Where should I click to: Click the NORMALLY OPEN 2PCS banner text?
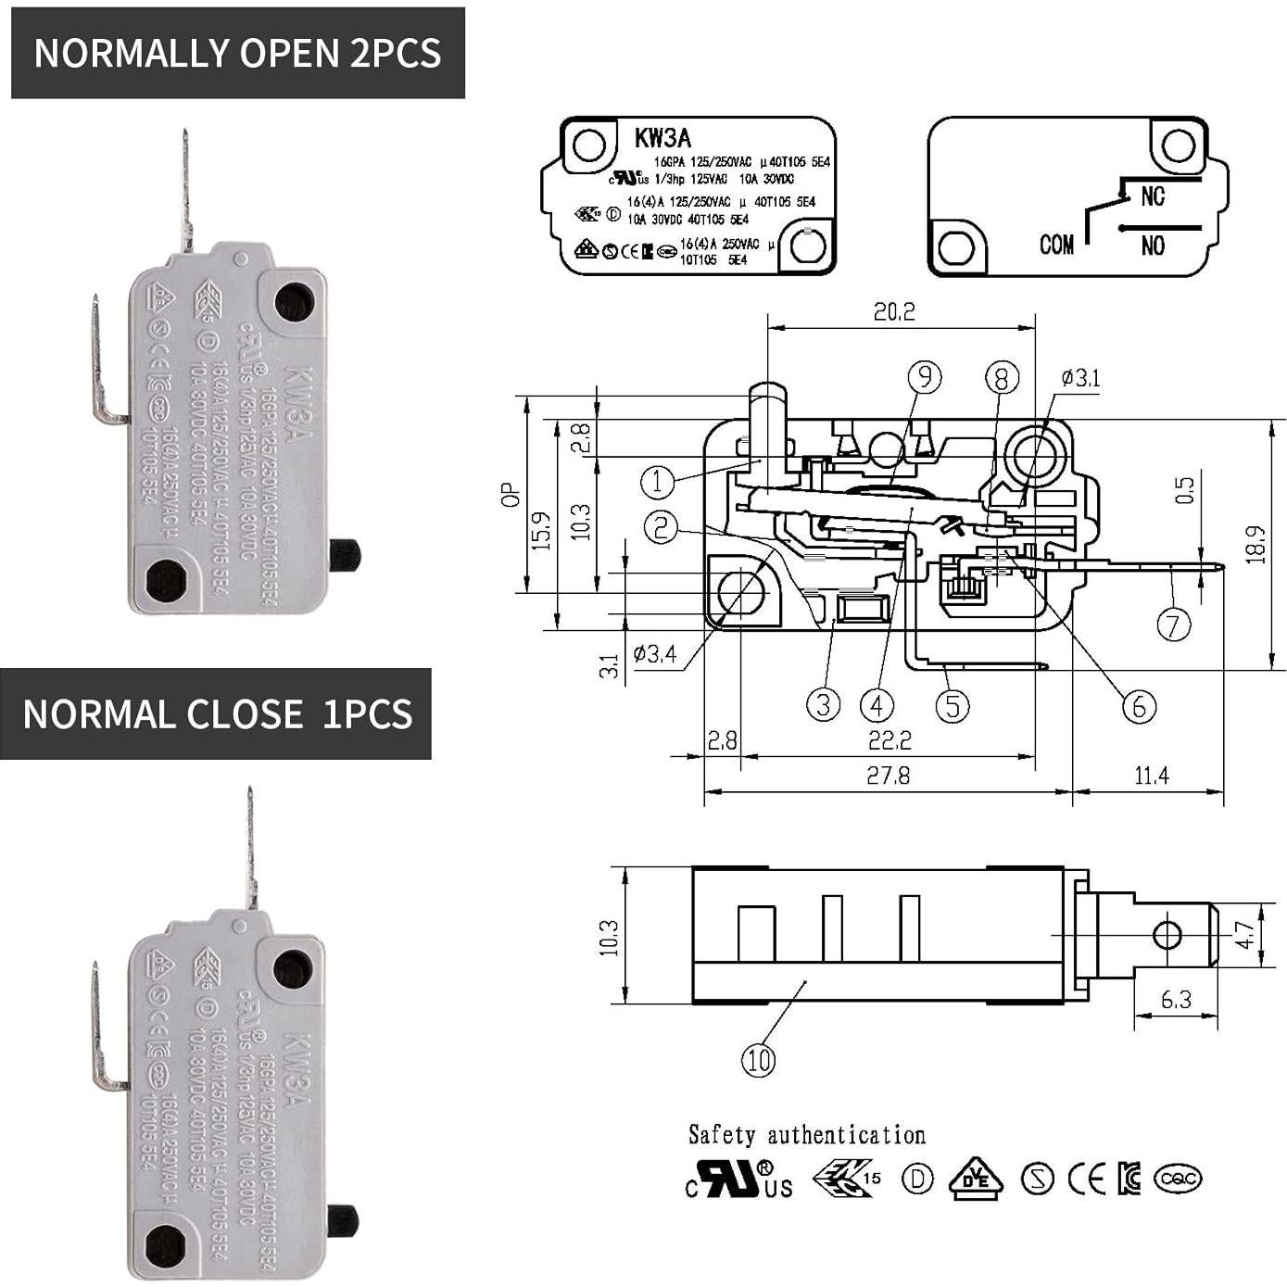click(x=237, y=53)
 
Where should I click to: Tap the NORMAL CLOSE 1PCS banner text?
click(x=217, y=714)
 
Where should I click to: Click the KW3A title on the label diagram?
click(x=662, y=138)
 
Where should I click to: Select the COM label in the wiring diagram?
click(x=1056, y=245)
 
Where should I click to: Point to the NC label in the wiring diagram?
click(x=1153, y=196)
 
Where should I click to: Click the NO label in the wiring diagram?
click(x=1153, y=246)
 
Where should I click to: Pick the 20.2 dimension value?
click(x=894, y=311)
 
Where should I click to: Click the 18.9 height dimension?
click(x=1256, y=545)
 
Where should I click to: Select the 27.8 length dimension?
click(x=888, y=776)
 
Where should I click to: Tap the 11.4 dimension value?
click(x=1151, y=776)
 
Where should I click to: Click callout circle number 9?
click(x=924, y=376)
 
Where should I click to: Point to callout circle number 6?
click(x=1139, y=707)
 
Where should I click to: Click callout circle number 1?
click(x=658, y=481)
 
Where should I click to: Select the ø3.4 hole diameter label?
click(x=655, y=654)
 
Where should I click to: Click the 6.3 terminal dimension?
click(x=1176, y=1000)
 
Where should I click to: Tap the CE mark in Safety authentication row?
click(x=1087, y=1179)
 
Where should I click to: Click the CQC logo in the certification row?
click(x=1178, y=1179)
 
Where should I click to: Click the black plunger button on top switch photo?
click(x=345, y=554)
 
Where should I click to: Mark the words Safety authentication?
click(x=807, y=1135)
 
